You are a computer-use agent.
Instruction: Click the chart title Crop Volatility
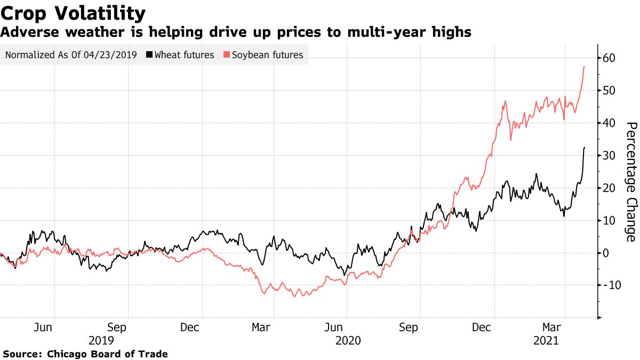[x=73, y=13]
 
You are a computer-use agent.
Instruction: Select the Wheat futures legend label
[x=184, y=55]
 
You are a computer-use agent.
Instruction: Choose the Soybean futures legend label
[x=267, y=55]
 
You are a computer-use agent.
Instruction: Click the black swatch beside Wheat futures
[x=149, y=55]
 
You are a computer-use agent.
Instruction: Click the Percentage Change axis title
[x=631, y=181]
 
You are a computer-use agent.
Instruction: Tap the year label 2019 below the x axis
[x=101, y=340]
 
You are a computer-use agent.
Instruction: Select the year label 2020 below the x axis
[x=348, y=340]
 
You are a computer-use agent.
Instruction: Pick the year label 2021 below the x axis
[x=546, y=340]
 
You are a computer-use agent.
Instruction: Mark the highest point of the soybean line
[x=585, y=67]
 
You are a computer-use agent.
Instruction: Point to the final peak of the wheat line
[x=585, y=147]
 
